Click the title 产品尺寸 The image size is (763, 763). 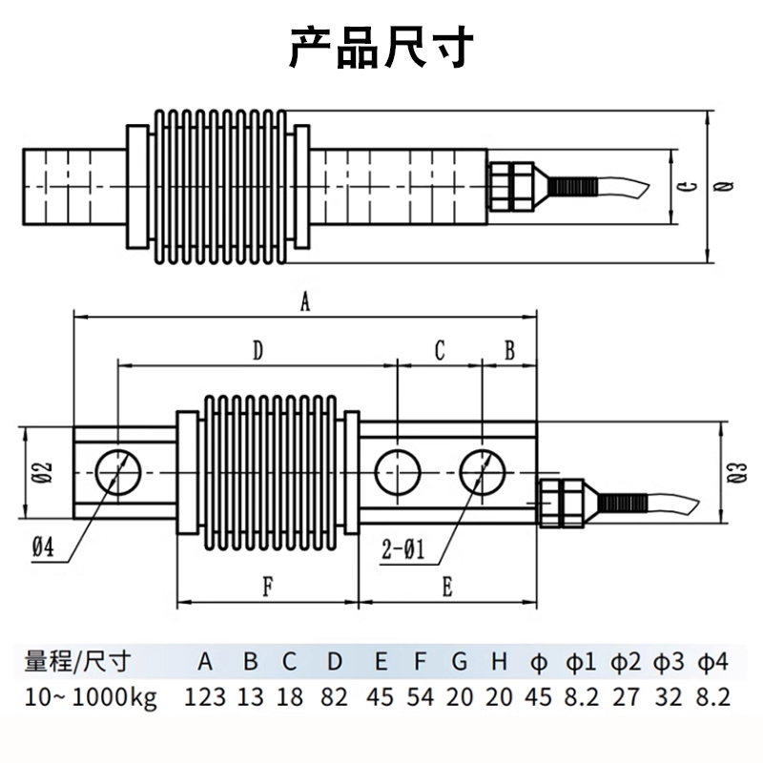(381, 47)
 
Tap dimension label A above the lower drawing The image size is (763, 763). (305, 302)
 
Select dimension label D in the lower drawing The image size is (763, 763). (258, 350)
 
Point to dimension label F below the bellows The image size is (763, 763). (268, 588)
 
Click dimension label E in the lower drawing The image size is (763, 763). (446, 588)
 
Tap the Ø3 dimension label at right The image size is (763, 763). (733, 474)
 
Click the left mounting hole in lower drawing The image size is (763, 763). (118, 470)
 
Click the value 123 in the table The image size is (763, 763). (205, 697)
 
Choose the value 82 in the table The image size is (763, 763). (335, 697)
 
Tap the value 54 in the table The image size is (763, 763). (420, 697)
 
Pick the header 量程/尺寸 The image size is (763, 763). (77, 661)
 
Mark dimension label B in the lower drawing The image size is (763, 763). (509, 350)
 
